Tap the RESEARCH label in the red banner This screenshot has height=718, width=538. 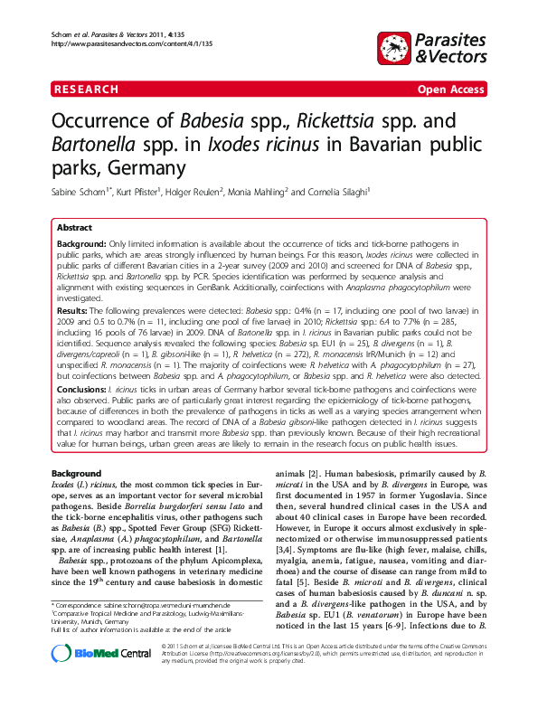tap(87, 90)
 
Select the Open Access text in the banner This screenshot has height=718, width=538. tap(450, 90)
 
